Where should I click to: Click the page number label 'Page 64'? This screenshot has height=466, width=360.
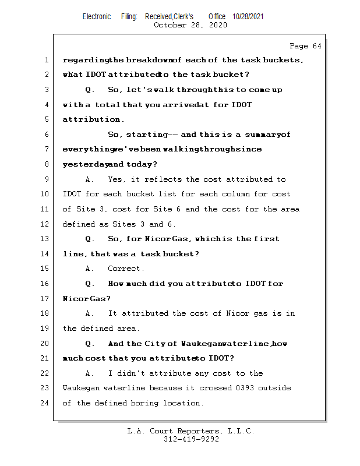click(x=305, y=46)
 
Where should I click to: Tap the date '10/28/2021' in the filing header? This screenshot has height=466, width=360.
click(x=248, y=17)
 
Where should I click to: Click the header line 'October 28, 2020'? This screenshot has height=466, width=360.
click(x=190, y=25)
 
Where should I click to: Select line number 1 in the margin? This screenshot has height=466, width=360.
click(x=45, y=60)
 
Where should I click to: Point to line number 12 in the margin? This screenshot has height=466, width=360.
click(x=45, y=224)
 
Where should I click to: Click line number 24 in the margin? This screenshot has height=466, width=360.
click(x=45, y=403)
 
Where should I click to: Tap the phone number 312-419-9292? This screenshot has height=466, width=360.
click(x=191, y=439)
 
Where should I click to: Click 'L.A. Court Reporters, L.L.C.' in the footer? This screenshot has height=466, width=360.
click(x=190, y=431)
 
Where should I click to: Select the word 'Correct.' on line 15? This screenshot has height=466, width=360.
click(x=126, y=269)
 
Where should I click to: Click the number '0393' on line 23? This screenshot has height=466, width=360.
click(x=242, y=388)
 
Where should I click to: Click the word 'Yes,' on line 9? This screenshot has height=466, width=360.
click(x=117, y=179)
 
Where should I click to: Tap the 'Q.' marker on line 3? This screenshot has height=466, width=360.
click(x=90, y=90)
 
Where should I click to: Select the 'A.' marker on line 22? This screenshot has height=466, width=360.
click(x=90, y=373)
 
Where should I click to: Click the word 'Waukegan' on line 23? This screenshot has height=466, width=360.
click(x=81, y=388)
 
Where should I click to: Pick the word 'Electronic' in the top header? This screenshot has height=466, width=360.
click(x=97, y=17)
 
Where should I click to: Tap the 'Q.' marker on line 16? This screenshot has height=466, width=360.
click(x=90, y=284)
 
